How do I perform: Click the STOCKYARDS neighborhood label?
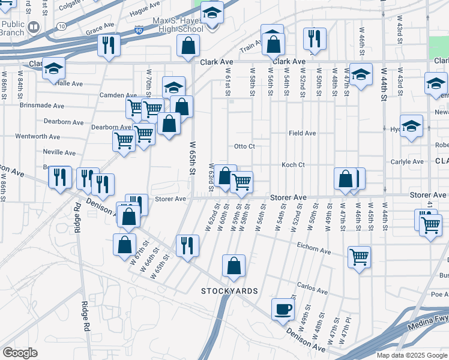(229, 291)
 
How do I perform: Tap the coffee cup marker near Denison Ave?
(283, 309)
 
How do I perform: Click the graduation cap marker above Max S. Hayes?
(211, 13)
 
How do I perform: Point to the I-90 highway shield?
(139, 30)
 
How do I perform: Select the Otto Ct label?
(244, 146)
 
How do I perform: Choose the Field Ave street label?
(302, 133)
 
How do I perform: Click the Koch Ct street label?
(294, 165)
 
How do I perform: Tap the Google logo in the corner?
(20, 353)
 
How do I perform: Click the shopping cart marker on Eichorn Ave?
(359, 257)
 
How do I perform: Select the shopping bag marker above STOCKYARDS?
(234, 266)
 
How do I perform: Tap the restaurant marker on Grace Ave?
(109, 44)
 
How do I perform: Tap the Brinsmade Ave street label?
(41, 106)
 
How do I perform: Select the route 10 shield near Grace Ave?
(62, 26)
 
